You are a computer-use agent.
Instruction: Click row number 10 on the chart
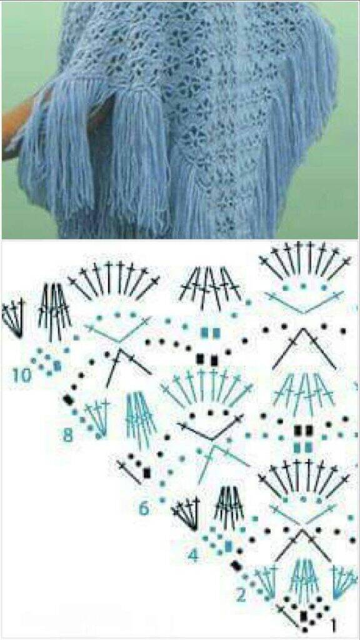click(x=21, y=375)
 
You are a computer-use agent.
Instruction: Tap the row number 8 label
click(x=67, y=436)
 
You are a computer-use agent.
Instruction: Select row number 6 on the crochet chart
click(x=144, y=509)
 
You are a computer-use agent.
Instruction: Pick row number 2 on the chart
click(x=241, y=596)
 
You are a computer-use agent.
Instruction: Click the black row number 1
click(x=334, y=624)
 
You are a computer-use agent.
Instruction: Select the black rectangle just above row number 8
click(x=67, y=399)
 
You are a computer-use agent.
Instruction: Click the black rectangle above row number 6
click(x=147, y=472)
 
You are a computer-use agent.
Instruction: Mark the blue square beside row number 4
click(x=228, y=545)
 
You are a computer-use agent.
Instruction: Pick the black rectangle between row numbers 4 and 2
click(x=236, y=566)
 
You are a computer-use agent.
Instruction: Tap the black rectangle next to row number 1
click(x=303, y=615)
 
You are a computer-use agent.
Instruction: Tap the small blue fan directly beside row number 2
click(x=264, y=583)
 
